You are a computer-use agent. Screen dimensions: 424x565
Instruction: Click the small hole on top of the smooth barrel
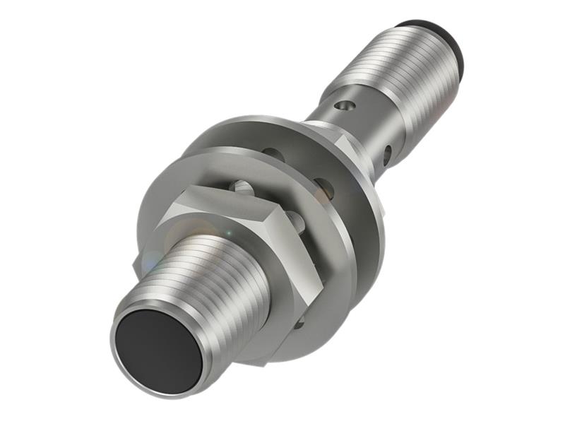coord(344,106)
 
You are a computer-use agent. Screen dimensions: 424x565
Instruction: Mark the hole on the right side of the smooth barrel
coord(387,151)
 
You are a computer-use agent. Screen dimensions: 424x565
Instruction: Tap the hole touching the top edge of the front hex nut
coord(242,188)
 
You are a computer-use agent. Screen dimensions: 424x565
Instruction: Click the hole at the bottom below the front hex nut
coord(299,324)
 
